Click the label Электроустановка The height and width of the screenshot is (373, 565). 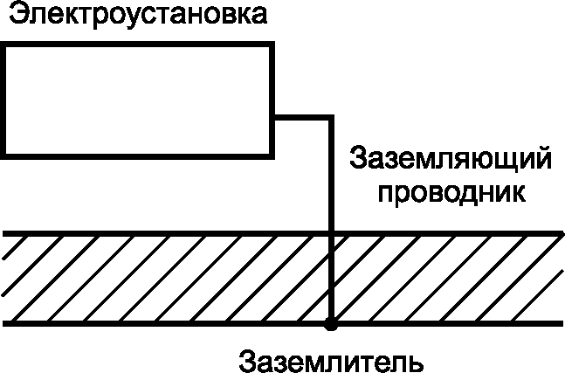(x=134, y=17)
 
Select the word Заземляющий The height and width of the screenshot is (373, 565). (x=451, y=162)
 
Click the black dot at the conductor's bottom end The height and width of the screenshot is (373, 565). (x=330, y=326)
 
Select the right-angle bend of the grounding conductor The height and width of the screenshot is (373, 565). (x=331, y=114)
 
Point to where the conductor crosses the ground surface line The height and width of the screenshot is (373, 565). (x=331, y=234)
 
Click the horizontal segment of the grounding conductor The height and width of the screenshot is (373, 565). (x=301, y=114)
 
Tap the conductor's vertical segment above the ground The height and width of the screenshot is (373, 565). (x=331, y=175)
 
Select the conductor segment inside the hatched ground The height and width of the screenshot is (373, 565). (x=331, y=280)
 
